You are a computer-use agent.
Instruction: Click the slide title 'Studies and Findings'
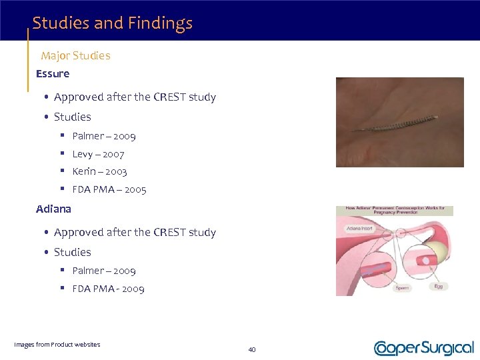pyautogui.click(x=112, y=23)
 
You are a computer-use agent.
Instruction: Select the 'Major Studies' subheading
pyautogui.click(x=75, y=55)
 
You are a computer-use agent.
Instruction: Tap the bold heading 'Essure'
pyautogui.click(x=53, y=73)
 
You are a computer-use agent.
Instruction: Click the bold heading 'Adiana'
pyautogui.click(x=53, y=209)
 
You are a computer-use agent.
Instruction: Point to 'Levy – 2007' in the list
pyautogui.click(x=98, y=154)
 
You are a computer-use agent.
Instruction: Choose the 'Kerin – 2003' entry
pyautogui.click(x=99, y=171)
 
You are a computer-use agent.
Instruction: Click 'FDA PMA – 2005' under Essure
pyautogui.click(x=109, y=189)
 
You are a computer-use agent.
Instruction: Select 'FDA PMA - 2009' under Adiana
pyautogui.click(x=108, y=289)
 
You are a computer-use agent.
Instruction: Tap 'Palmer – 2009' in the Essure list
pyautogui.click(x=103, y=136)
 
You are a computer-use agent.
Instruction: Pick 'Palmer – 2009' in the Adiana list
pyautogui.click(x=103, y=271)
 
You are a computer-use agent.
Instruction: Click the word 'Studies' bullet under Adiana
pyautogui.click(x=72, y=252)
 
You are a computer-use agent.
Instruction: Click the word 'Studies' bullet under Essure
pyautogui.click(x=72, y=117)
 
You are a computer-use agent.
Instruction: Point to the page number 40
pyautogui.click(x=252, y=349)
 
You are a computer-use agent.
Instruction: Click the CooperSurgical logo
pyautogui.click(x=424, y=347)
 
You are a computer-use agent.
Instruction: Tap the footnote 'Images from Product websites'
pyautogui.click(x=57, y=344)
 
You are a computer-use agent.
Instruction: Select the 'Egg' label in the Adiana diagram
pyautogui.click(x=439, y=286)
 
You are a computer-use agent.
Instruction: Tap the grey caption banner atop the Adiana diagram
pyautogui.click(x=394, y=211)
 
